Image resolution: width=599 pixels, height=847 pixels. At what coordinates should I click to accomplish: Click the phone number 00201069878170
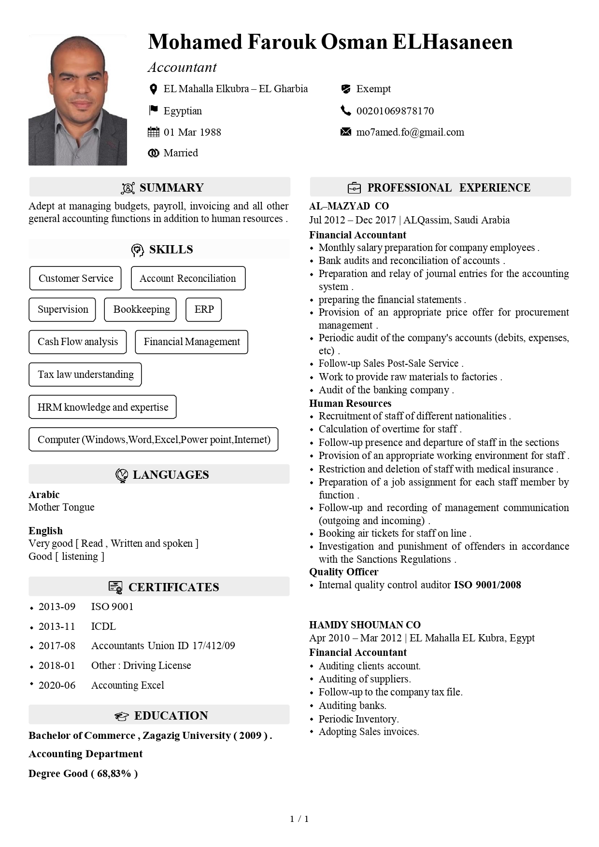tap(395, 111)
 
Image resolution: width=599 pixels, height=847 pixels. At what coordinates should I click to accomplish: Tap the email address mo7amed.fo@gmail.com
tap(410, 132)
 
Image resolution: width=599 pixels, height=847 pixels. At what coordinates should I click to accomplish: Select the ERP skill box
tap(204, 309)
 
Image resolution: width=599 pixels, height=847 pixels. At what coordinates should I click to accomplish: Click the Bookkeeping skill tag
tap(141, 309)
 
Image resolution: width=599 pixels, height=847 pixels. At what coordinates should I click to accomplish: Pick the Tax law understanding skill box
tap(86, 375)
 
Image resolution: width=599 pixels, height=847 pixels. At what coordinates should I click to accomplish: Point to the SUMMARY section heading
tap(171, 188)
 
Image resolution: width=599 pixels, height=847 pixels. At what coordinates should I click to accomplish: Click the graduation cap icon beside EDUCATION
tap(122, 716)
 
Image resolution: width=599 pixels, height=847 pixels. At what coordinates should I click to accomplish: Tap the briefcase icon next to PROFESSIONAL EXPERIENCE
tap(354, 188)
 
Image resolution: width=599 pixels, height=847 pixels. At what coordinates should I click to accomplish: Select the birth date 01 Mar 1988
tap(192, 132)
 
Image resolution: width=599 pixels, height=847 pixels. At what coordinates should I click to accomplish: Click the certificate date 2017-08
tap(57, 646)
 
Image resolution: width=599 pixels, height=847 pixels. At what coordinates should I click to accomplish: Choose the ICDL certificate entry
tap(103, 626)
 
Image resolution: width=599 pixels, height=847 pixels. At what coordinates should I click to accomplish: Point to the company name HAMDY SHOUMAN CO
tap(365, 625)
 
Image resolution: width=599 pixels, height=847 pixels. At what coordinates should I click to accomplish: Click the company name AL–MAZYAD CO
tap(349, 206)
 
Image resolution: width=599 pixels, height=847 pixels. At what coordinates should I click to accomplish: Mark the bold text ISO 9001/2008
tap(487, 585)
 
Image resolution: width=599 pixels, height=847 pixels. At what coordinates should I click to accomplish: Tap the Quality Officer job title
tap(343, 572)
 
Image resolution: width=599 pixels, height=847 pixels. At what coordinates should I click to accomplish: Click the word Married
tap(181, 153)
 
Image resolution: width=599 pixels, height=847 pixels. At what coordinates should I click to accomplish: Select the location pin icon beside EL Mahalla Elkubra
tap(153, 89)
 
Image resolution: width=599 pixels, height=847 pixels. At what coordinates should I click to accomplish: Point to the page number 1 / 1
tap(299, 819)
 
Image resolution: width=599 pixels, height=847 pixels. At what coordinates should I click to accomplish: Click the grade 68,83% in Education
tap(114, 774)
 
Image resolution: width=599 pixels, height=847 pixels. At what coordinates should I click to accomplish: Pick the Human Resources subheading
tap(350, 403)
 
